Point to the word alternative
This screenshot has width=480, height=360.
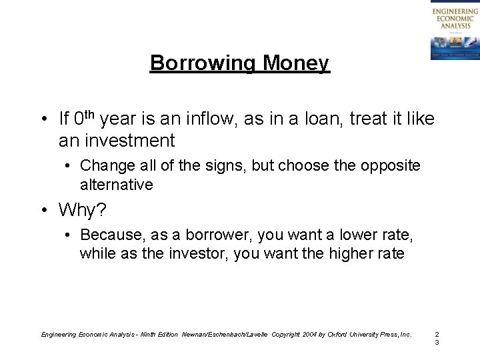(116, 184)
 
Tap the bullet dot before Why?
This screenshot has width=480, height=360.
(42, 211)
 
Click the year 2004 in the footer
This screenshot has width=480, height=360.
(309, 333)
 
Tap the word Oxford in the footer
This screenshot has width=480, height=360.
(339, 333)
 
